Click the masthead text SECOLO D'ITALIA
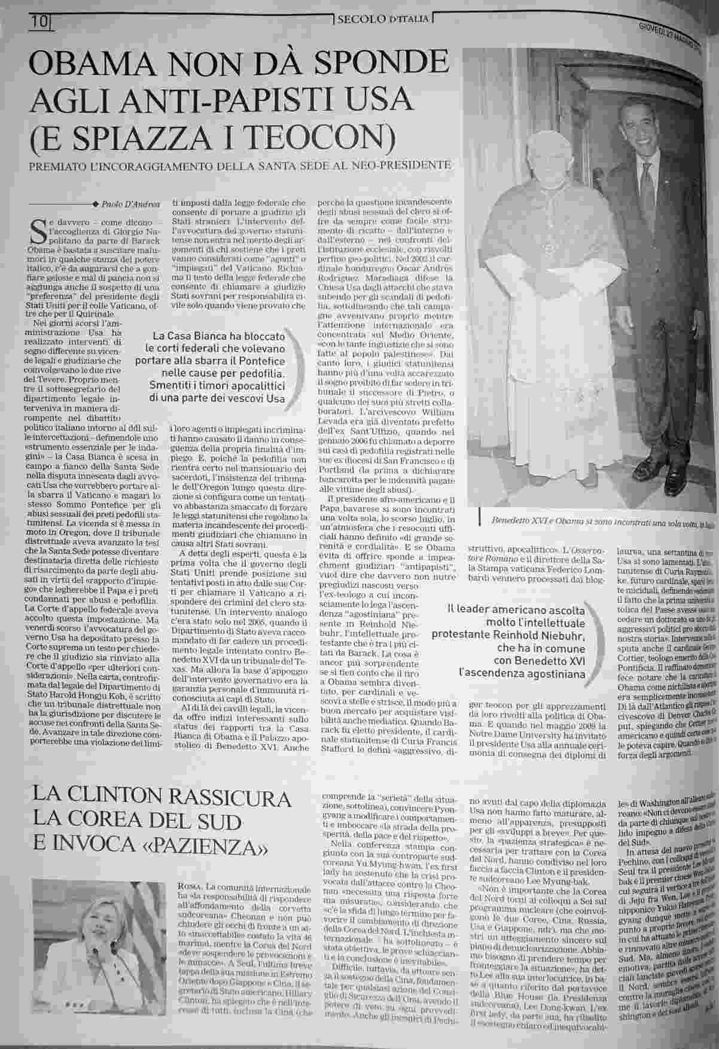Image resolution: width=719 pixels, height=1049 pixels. pyautogui.click(x=383, y=20)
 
